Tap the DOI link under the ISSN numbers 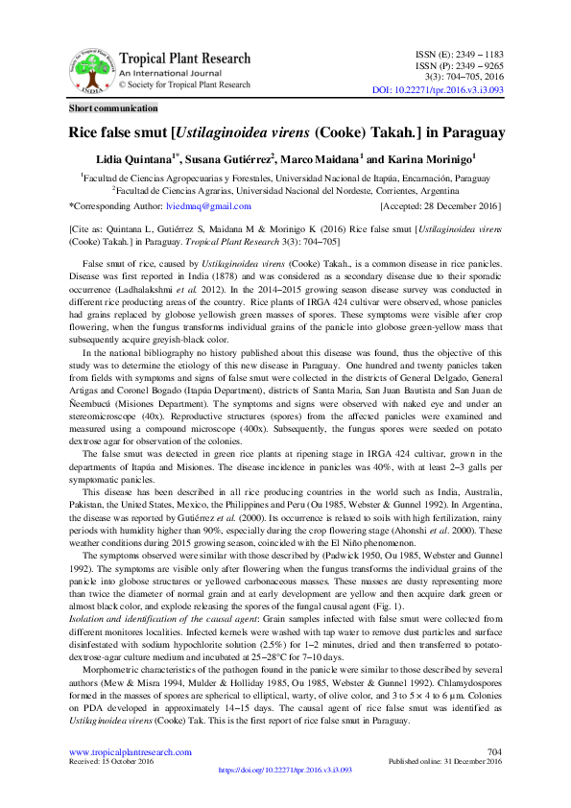pyautogui.click(x=437, y=90)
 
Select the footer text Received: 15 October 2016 pyautogui.click(x=111, y=761)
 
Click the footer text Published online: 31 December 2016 pyautogui.click(x=444, y=761)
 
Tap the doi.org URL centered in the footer pyautogui.click(x=286, y=770)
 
